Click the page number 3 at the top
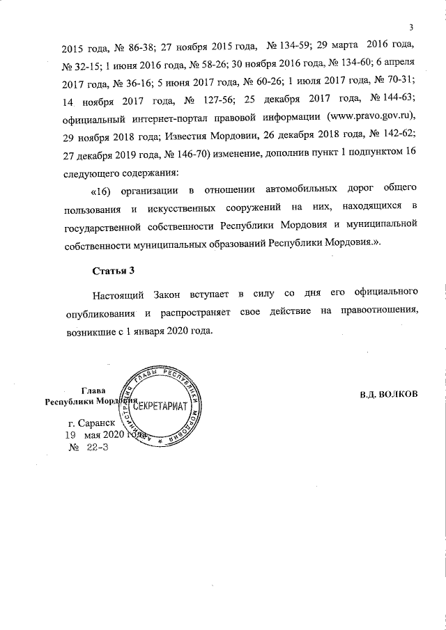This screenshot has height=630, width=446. tap(412, 27)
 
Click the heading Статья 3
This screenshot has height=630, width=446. tap(112, 270)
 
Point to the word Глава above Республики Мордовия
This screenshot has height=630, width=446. tap(93, 391)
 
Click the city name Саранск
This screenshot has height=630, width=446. tap(91, 423)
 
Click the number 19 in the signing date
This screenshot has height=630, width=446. tap(70, 434)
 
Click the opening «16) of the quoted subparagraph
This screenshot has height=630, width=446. tap(105, 189)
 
